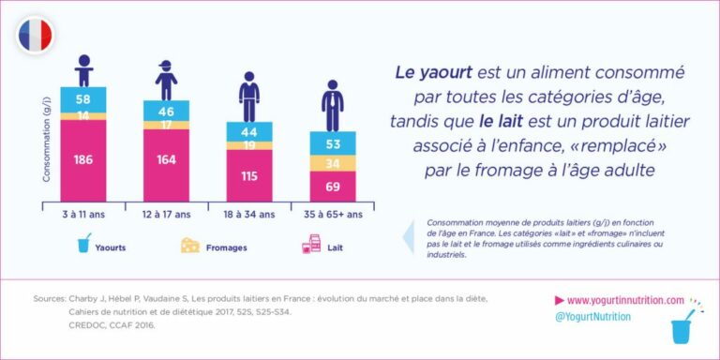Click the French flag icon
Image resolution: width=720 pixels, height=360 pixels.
[35, 36]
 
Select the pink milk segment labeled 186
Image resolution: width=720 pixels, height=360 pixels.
[84, 160]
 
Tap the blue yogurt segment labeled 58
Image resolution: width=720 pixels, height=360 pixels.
[84, 98]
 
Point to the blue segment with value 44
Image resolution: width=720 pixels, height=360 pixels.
[249, 131]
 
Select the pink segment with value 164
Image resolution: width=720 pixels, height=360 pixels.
[166, 160]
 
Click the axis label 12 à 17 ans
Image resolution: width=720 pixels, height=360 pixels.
[167, 214]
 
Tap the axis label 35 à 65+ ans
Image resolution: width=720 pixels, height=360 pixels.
[332, 214]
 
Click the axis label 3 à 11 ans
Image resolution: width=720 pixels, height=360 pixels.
[84, 214]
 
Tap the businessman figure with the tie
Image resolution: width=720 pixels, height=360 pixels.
[332, 105]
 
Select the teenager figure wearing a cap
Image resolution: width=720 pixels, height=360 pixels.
[166, 80]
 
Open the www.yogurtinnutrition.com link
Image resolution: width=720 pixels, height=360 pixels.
[625, 300]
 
